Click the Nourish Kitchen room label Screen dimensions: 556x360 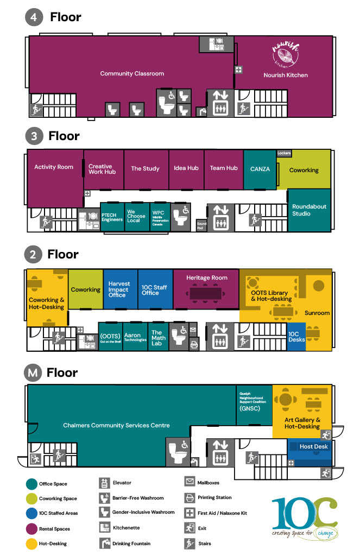click(x=286, y=75)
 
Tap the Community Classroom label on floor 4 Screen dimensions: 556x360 click(x=132, y=73)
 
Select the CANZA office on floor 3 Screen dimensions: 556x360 click(x=260, y=169)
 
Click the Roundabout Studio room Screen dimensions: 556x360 click(x=309, y=210)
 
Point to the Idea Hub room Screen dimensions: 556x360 click(x=186, y=168)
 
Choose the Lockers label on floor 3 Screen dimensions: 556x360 click(x=285, y=153)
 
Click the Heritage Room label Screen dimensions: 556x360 click(x=206, y=277)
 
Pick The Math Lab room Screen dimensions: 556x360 click(x=157, y=338)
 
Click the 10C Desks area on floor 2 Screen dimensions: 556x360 click(x=296, y=337)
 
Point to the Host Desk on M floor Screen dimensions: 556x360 click(x=313, y=447)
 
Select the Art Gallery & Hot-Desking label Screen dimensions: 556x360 click(x=302, y=423)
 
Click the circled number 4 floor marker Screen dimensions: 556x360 click(x=34, y=17)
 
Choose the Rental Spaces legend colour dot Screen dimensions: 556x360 click(x=31, y=528)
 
